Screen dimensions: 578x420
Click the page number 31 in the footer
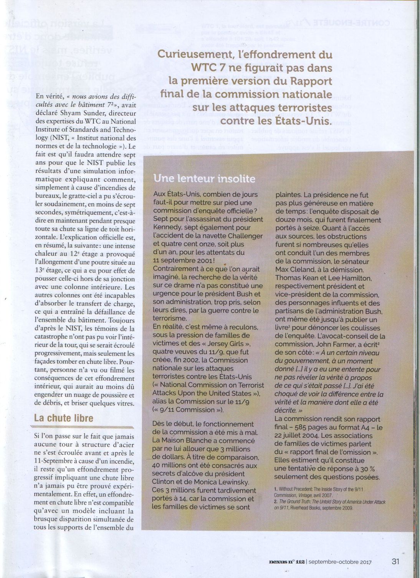tap(396, 561)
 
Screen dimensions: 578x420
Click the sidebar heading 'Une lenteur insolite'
tap(204, 179)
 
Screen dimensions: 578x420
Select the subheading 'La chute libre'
tap(64, 418)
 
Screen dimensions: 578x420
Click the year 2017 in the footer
tap(365, 561)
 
